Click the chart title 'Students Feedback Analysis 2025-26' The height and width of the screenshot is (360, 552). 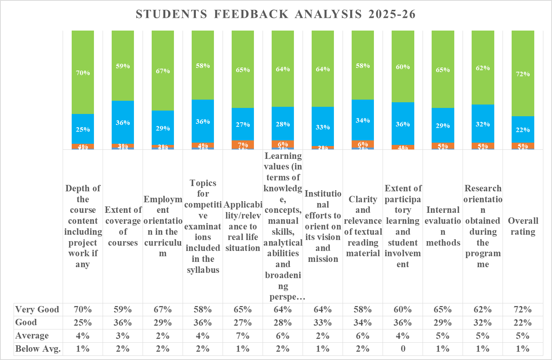(275, 14)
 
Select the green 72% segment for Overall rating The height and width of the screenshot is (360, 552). (523, 74)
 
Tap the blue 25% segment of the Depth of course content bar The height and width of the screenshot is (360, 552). (83, 129)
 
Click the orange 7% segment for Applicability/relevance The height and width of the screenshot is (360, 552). (243, 144)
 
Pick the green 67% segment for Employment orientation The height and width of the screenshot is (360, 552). (163, 71)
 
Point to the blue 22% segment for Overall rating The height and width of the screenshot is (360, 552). (523, 129)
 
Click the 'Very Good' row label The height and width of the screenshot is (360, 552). (37, 309)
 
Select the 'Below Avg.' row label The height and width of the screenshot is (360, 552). (38, 349)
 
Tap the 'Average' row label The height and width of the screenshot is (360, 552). (32, 335)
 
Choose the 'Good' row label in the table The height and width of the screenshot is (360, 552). (26, 322)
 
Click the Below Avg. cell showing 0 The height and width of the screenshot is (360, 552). (403, 349)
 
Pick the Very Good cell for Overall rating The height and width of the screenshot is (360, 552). (523, 309)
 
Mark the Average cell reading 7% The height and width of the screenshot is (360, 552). (243, 335)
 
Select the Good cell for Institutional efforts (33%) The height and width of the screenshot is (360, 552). (323, 323)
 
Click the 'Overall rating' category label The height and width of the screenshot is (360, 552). (523, 226)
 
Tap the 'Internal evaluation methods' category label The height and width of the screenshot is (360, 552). (443, 226)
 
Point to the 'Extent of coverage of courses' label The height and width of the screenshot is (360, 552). (123, 226)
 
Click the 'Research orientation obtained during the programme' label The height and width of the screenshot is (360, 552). (483, 226)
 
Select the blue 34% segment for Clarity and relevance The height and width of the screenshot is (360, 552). (363, 120)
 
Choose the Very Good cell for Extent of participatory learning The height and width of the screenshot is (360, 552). (403, 309)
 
